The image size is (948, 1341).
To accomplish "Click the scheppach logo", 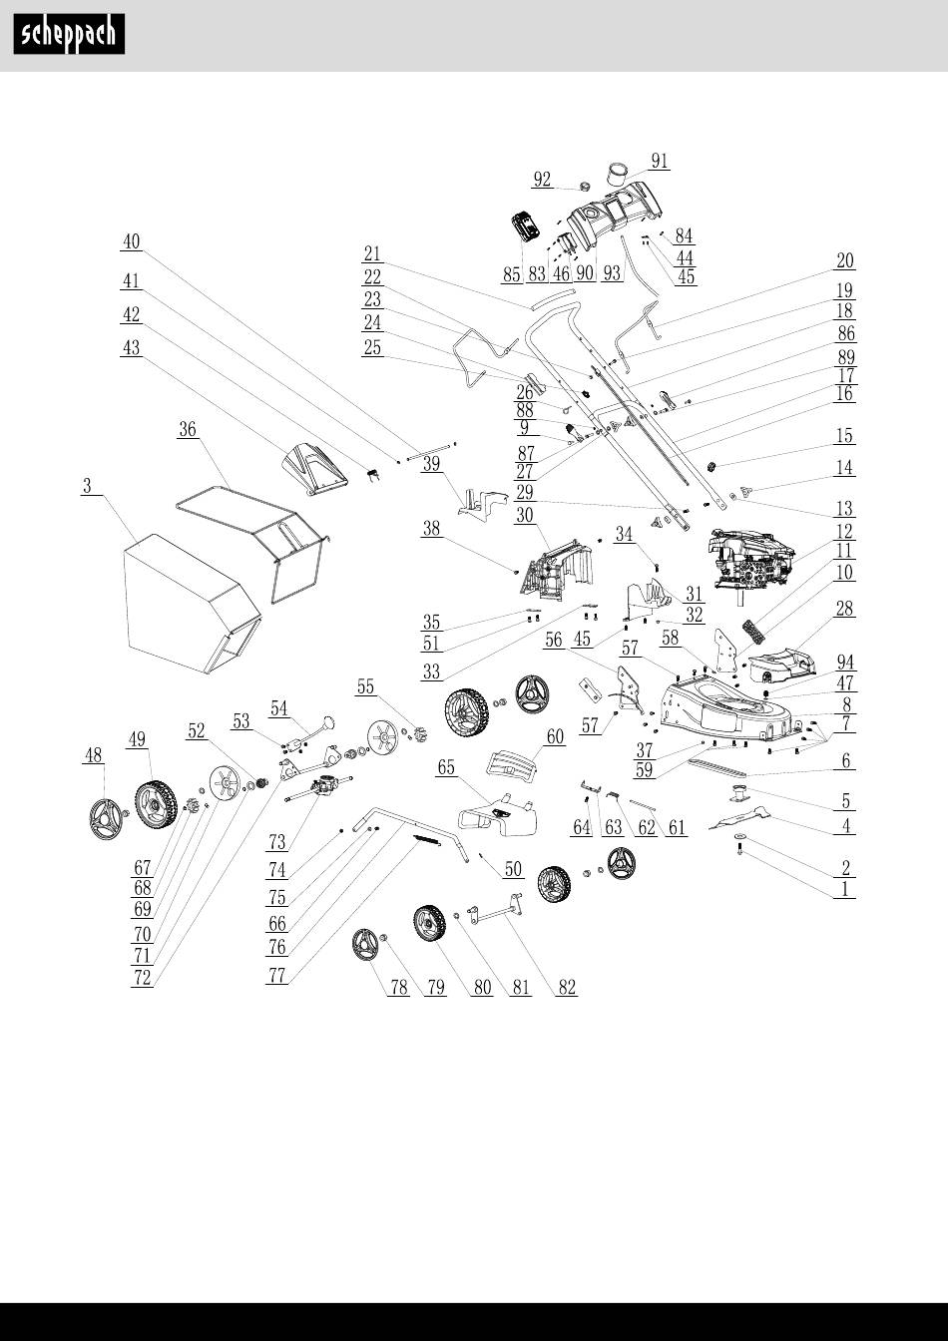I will [69, 35].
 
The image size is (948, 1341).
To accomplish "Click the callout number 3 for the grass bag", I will [88, 487].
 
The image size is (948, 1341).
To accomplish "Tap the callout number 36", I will [187, 429].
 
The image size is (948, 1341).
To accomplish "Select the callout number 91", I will [659, 161].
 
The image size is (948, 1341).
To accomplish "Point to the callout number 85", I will [512, 273].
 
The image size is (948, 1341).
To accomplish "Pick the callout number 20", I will [845, 260].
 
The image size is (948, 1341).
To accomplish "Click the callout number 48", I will [93, 757].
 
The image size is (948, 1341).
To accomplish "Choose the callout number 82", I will [567, 988].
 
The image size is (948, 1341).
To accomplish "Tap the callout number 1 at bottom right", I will [845, 889].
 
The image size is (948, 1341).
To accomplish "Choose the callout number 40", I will [131, 240].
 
